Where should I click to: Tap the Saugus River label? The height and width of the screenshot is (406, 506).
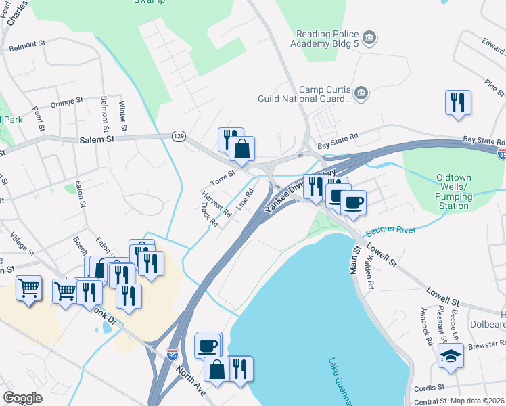click(390, 231)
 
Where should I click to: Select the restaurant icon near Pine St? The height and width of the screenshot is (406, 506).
click(458, 103)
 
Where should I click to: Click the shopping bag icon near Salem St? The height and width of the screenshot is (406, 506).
click(241, 150)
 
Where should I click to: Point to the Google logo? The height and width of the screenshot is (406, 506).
click(22, 398)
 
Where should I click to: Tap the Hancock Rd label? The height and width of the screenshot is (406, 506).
click(425, 328)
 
